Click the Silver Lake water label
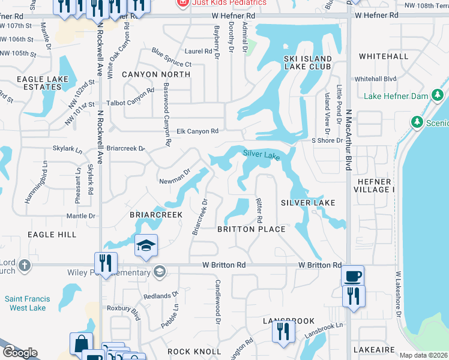tap(261, 155)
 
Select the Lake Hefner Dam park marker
tap(438, 96)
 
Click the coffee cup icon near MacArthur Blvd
tap(352, 277)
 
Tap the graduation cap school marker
tap(146, 246)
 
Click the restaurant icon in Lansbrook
tap(283, 332)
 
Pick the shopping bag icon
tap(81, 344)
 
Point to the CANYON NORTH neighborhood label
tap(155, 74)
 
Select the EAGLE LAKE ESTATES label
tap(39, 83)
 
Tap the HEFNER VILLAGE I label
tap(375, 185)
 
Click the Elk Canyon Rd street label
tap(197, 131)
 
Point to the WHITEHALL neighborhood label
tap(383, 56)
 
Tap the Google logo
tap(19, 353)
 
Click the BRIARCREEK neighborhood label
tap(156, 214)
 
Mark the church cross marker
tap(24, 265)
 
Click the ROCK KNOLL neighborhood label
tap(187, 352)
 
